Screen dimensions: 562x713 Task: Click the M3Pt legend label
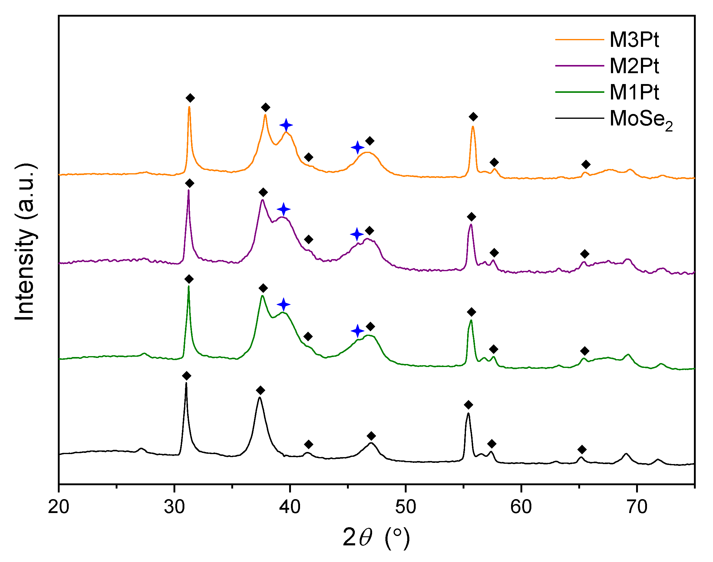coord(634,40)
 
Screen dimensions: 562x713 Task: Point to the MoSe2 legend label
coord(641,119)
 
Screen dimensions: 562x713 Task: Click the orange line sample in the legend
coord(579,40)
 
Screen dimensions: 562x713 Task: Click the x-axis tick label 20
coord(59,507)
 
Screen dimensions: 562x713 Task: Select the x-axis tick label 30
coord(174,507)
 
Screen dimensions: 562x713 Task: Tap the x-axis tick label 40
coord(290,507)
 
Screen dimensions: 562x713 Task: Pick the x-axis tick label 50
coord(405,507)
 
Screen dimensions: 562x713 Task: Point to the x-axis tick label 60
coord(521,507)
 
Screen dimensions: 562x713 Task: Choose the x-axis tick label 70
coord(637,507)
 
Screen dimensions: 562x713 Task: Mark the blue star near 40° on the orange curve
coord(286,125)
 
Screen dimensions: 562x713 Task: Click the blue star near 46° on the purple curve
coord(357,235)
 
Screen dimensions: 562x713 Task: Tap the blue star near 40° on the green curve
coord(284,304)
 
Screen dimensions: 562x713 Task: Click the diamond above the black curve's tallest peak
coord(187,376)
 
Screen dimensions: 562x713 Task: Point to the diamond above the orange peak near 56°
coord(473,117)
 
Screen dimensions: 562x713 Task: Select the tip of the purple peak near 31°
coord(188,190)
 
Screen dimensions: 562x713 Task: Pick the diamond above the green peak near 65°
coord(585,351)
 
